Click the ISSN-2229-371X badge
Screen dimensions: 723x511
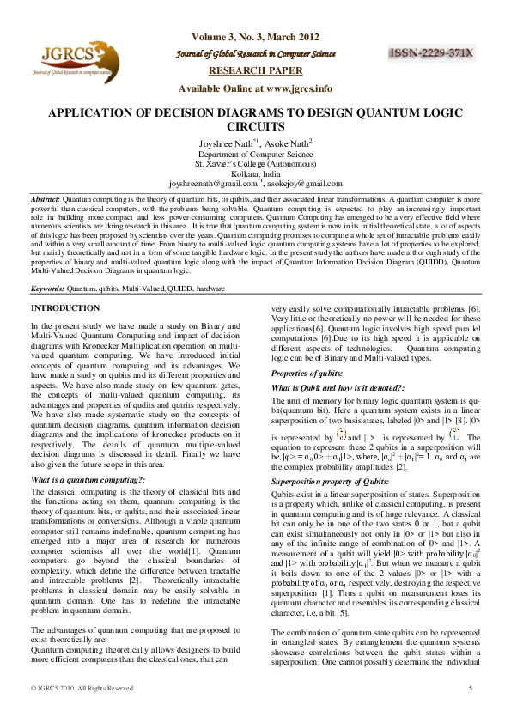(x=433, y=53)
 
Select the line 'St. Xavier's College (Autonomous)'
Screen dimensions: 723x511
(x=255, y=163)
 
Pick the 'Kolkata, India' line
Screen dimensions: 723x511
(x=255, y=173)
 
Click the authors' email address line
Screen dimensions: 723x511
(x=255, y=183)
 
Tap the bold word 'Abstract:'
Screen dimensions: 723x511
(x=45, y=198)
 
